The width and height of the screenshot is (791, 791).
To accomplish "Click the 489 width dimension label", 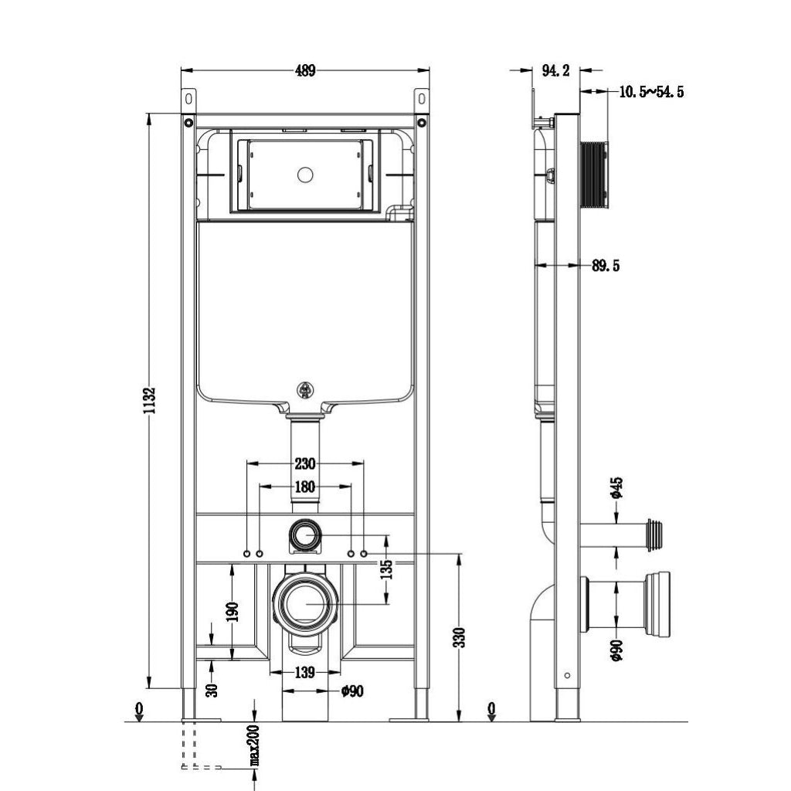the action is [305, 70].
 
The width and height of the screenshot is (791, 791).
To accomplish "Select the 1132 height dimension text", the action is [149, 401].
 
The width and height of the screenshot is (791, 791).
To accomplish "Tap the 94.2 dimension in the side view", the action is [556, 70].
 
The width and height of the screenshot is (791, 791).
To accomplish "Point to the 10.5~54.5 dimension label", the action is [651, 92].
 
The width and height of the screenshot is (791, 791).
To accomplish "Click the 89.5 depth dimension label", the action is [606, 266].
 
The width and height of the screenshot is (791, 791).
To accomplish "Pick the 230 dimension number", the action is [304, 463].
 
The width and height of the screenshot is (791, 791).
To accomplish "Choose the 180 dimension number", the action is [304, 487].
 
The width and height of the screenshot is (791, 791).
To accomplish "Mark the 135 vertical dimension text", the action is [386, 569].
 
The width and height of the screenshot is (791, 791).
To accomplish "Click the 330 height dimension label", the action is [460, 637].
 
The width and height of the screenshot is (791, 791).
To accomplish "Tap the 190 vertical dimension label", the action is [233, 612].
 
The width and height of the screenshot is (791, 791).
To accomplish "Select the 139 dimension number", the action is [304, 673].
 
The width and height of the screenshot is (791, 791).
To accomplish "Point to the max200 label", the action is [255, 745].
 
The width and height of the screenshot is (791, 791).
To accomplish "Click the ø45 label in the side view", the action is [616, 488].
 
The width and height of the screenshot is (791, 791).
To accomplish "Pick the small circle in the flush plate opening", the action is [305, 175].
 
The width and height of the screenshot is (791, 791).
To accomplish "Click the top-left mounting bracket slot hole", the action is [188, 98].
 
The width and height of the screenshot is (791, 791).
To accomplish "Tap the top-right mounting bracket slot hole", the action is [422, 98].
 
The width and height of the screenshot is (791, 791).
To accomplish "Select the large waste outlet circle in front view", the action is [305, 603].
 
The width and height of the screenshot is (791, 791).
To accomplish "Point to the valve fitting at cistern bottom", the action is [305, 390].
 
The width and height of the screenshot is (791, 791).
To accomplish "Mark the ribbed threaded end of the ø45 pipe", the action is [654, 535].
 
